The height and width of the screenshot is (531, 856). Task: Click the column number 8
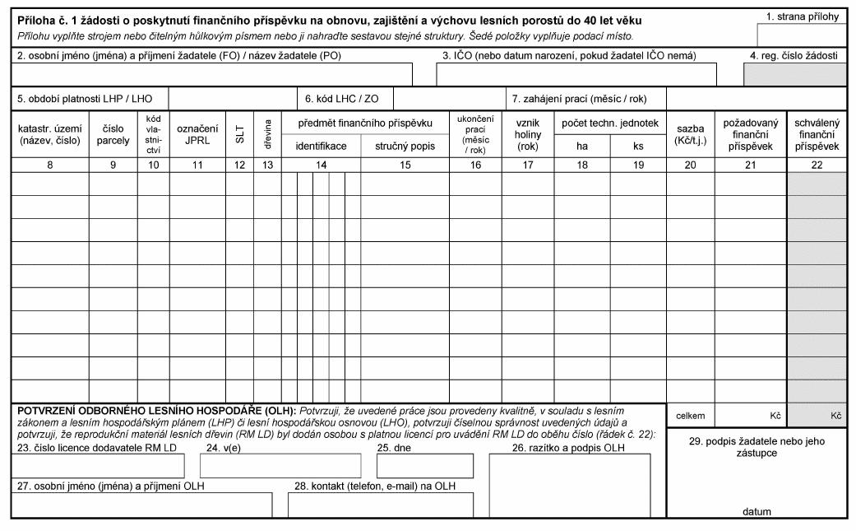click(x=49, y=165)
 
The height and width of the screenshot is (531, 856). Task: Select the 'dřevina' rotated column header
click(x=266, y=135)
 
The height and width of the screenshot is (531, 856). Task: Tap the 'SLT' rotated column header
click(x=240, y=135)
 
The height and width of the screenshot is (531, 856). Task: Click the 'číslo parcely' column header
click(x=113, y=134)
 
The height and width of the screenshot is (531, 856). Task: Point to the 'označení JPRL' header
click(x=197, y=134)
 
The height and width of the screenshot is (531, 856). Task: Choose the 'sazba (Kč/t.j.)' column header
click(x=690, y=134)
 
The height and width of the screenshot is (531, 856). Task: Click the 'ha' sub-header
click(x=582, y=146)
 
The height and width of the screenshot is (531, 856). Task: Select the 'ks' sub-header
click(x=638, y=146)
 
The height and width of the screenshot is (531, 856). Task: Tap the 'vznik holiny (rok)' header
click(x=528, y=134)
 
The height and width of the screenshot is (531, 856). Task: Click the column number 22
click(x=817, y=165)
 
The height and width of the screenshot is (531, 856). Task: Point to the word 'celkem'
click(x=690, y=416)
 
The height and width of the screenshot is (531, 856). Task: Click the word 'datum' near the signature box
click(x=757, y=511)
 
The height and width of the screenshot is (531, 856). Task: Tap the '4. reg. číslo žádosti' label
click(x=799, y=55)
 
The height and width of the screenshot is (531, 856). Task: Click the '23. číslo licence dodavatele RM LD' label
click(x=97, y=447)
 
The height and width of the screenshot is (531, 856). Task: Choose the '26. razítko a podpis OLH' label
click(x=569, y=447)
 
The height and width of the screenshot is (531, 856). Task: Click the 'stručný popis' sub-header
click(x=404, y=146)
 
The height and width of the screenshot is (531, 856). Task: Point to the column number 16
click(x=475, y=165)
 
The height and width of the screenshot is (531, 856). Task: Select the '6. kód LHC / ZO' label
click(x=342, y=99)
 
